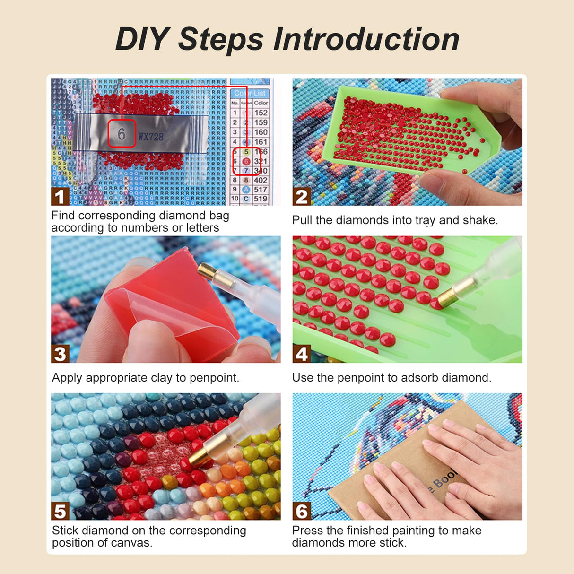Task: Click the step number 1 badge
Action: click(60, 197)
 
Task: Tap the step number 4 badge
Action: click(301, 354)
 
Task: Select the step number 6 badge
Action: click(301, 511)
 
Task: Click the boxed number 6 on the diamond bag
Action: click(122, 134)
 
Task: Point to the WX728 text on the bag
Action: click(151, 137)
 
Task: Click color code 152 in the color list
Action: click(261, 113)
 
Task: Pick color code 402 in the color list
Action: click(261, 180)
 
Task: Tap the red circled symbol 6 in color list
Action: click(246, 161)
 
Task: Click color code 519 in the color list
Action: click(261, 199)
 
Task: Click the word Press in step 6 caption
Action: click(307, 531)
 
